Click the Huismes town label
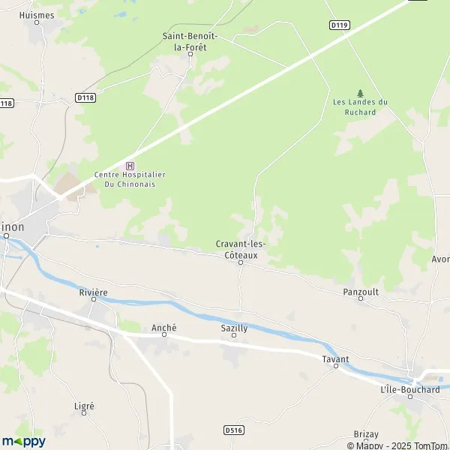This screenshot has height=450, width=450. (x=37, y=14)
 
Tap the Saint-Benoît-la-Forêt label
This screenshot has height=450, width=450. (x=190, y=40)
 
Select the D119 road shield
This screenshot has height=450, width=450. (x=339, y=25)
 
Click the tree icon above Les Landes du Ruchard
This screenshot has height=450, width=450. (x=360, y=93)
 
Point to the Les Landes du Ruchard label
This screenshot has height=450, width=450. (x=360, y=107)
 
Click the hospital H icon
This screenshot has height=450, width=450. (x=130, y=166)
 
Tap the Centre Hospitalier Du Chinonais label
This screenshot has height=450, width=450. (x=130, y=179)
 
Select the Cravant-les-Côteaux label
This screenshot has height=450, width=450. (x=241, y=249)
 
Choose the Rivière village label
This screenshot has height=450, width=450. (x=94, y=292)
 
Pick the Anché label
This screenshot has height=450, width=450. (x=163, y=328)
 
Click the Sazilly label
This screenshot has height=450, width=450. (x=234, y=328)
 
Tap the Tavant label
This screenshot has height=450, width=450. (x=335, y=359)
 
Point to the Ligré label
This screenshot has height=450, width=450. (x=84, y=406)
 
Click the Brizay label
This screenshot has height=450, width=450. (x=365, y=434)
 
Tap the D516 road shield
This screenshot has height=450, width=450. (x=233, y=430)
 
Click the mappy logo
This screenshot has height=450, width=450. (x=23, y=441)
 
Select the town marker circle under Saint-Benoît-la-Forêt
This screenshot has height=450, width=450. (x=190, y=54)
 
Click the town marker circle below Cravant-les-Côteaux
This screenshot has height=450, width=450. (x=241, y=262)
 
